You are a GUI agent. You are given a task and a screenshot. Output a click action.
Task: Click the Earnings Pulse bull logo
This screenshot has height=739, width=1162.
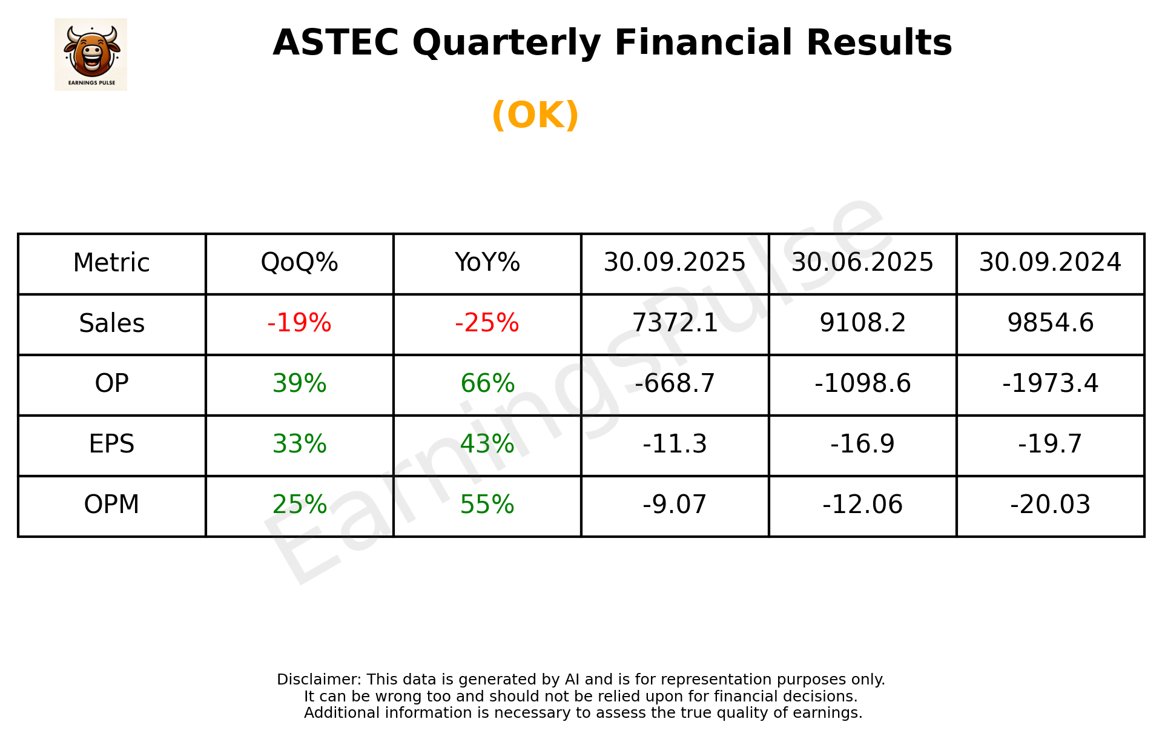91,55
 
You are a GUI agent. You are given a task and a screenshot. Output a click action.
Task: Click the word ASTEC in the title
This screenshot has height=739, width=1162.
335,43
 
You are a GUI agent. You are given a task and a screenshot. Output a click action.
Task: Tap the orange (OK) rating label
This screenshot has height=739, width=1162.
535,115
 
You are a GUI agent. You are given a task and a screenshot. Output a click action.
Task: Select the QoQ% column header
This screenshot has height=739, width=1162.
299,263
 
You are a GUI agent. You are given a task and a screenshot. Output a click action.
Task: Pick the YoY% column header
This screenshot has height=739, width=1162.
487,263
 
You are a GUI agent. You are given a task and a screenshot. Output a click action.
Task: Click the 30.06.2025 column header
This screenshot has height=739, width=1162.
862,263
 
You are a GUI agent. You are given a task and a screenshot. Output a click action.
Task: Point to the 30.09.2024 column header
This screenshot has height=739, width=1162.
1050,263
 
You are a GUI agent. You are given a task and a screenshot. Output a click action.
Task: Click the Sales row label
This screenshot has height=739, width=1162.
112,323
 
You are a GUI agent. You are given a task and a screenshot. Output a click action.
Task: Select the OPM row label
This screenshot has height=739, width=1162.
112,505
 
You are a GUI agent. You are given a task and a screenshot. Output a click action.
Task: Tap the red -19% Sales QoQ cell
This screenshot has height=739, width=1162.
299,323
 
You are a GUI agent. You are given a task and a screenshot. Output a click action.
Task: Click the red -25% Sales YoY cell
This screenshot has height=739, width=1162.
487,323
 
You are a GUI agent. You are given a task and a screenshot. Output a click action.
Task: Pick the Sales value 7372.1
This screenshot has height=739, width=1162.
675,323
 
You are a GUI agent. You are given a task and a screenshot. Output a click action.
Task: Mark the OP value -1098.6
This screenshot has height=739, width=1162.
862,383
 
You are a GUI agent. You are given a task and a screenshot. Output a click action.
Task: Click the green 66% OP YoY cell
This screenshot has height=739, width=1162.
487,383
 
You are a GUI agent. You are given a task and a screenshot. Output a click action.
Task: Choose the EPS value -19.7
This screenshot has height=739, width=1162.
1050,444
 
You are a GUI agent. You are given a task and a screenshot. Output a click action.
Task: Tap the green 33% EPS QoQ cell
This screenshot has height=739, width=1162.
299,444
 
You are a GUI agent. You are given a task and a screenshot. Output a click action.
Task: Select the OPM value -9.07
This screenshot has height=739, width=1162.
675,505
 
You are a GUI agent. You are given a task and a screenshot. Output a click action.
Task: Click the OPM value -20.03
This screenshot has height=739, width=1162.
1050,505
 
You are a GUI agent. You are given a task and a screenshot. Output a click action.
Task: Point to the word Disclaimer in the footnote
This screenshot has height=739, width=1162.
319,680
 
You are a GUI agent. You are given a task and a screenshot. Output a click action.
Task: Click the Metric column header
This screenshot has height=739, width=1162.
112,263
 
